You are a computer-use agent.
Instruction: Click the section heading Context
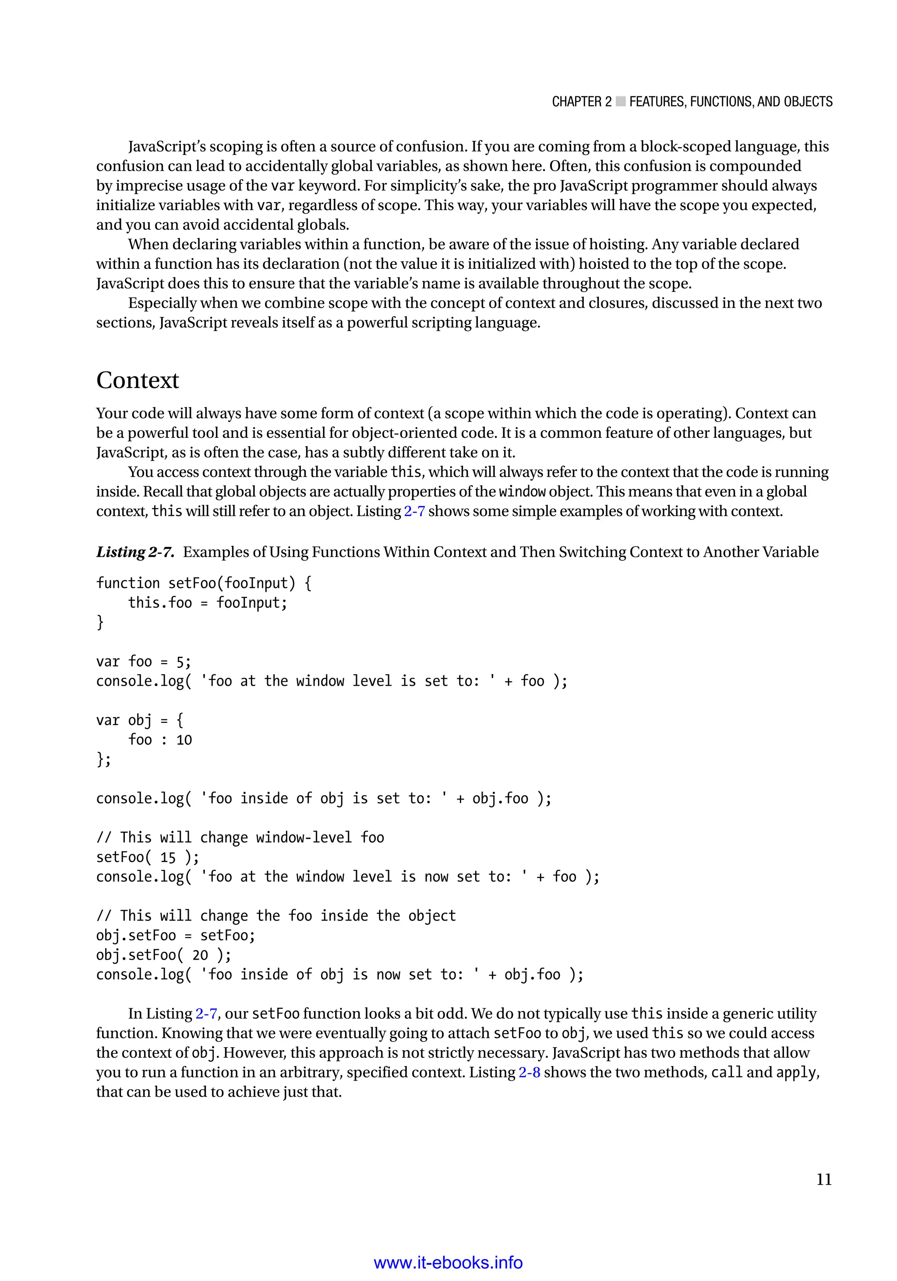click(138, 380)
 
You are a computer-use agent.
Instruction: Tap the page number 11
click(824, 1179)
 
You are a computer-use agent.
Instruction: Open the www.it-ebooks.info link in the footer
click(448, 1262)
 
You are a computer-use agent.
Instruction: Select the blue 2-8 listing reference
click(529, 1072)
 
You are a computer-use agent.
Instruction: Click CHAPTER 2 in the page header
click(581, 102)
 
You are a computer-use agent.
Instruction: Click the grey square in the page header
click(620, 102)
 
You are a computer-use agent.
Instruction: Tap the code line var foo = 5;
click(144, 662)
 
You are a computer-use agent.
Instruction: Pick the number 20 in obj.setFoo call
click(200, 955)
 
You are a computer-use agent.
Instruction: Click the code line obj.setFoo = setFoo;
click(175, 936)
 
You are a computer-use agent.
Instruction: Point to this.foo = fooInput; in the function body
click(207, 603)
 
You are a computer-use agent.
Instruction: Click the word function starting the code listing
click(128, 584)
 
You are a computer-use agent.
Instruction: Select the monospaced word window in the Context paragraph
click(522, 492)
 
